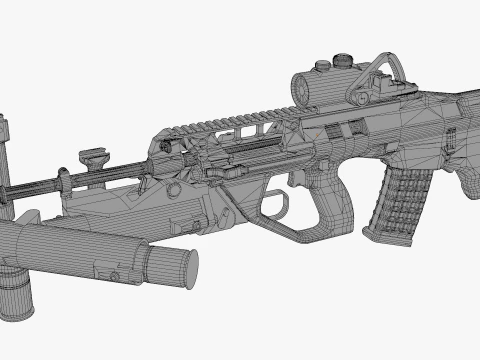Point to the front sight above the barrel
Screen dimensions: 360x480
(93, 158)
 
